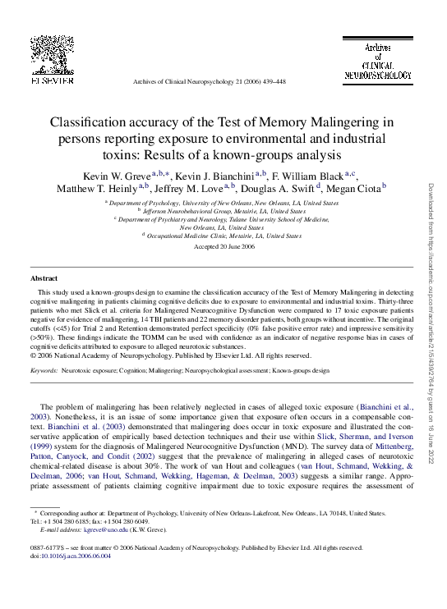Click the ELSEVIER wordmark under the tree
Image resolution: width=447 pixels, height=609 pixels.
tap(52, 80)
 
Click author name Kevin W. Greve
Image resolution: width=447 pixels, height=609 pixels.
tap(114, 176)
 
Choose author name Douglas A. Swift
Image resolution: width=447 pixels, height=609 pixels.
tap(275, 190)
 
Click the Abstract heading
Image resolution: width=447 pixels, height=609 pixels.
tap(44, 279)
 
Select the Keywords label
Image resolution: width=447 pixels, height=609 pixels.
tap(44, 371)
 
